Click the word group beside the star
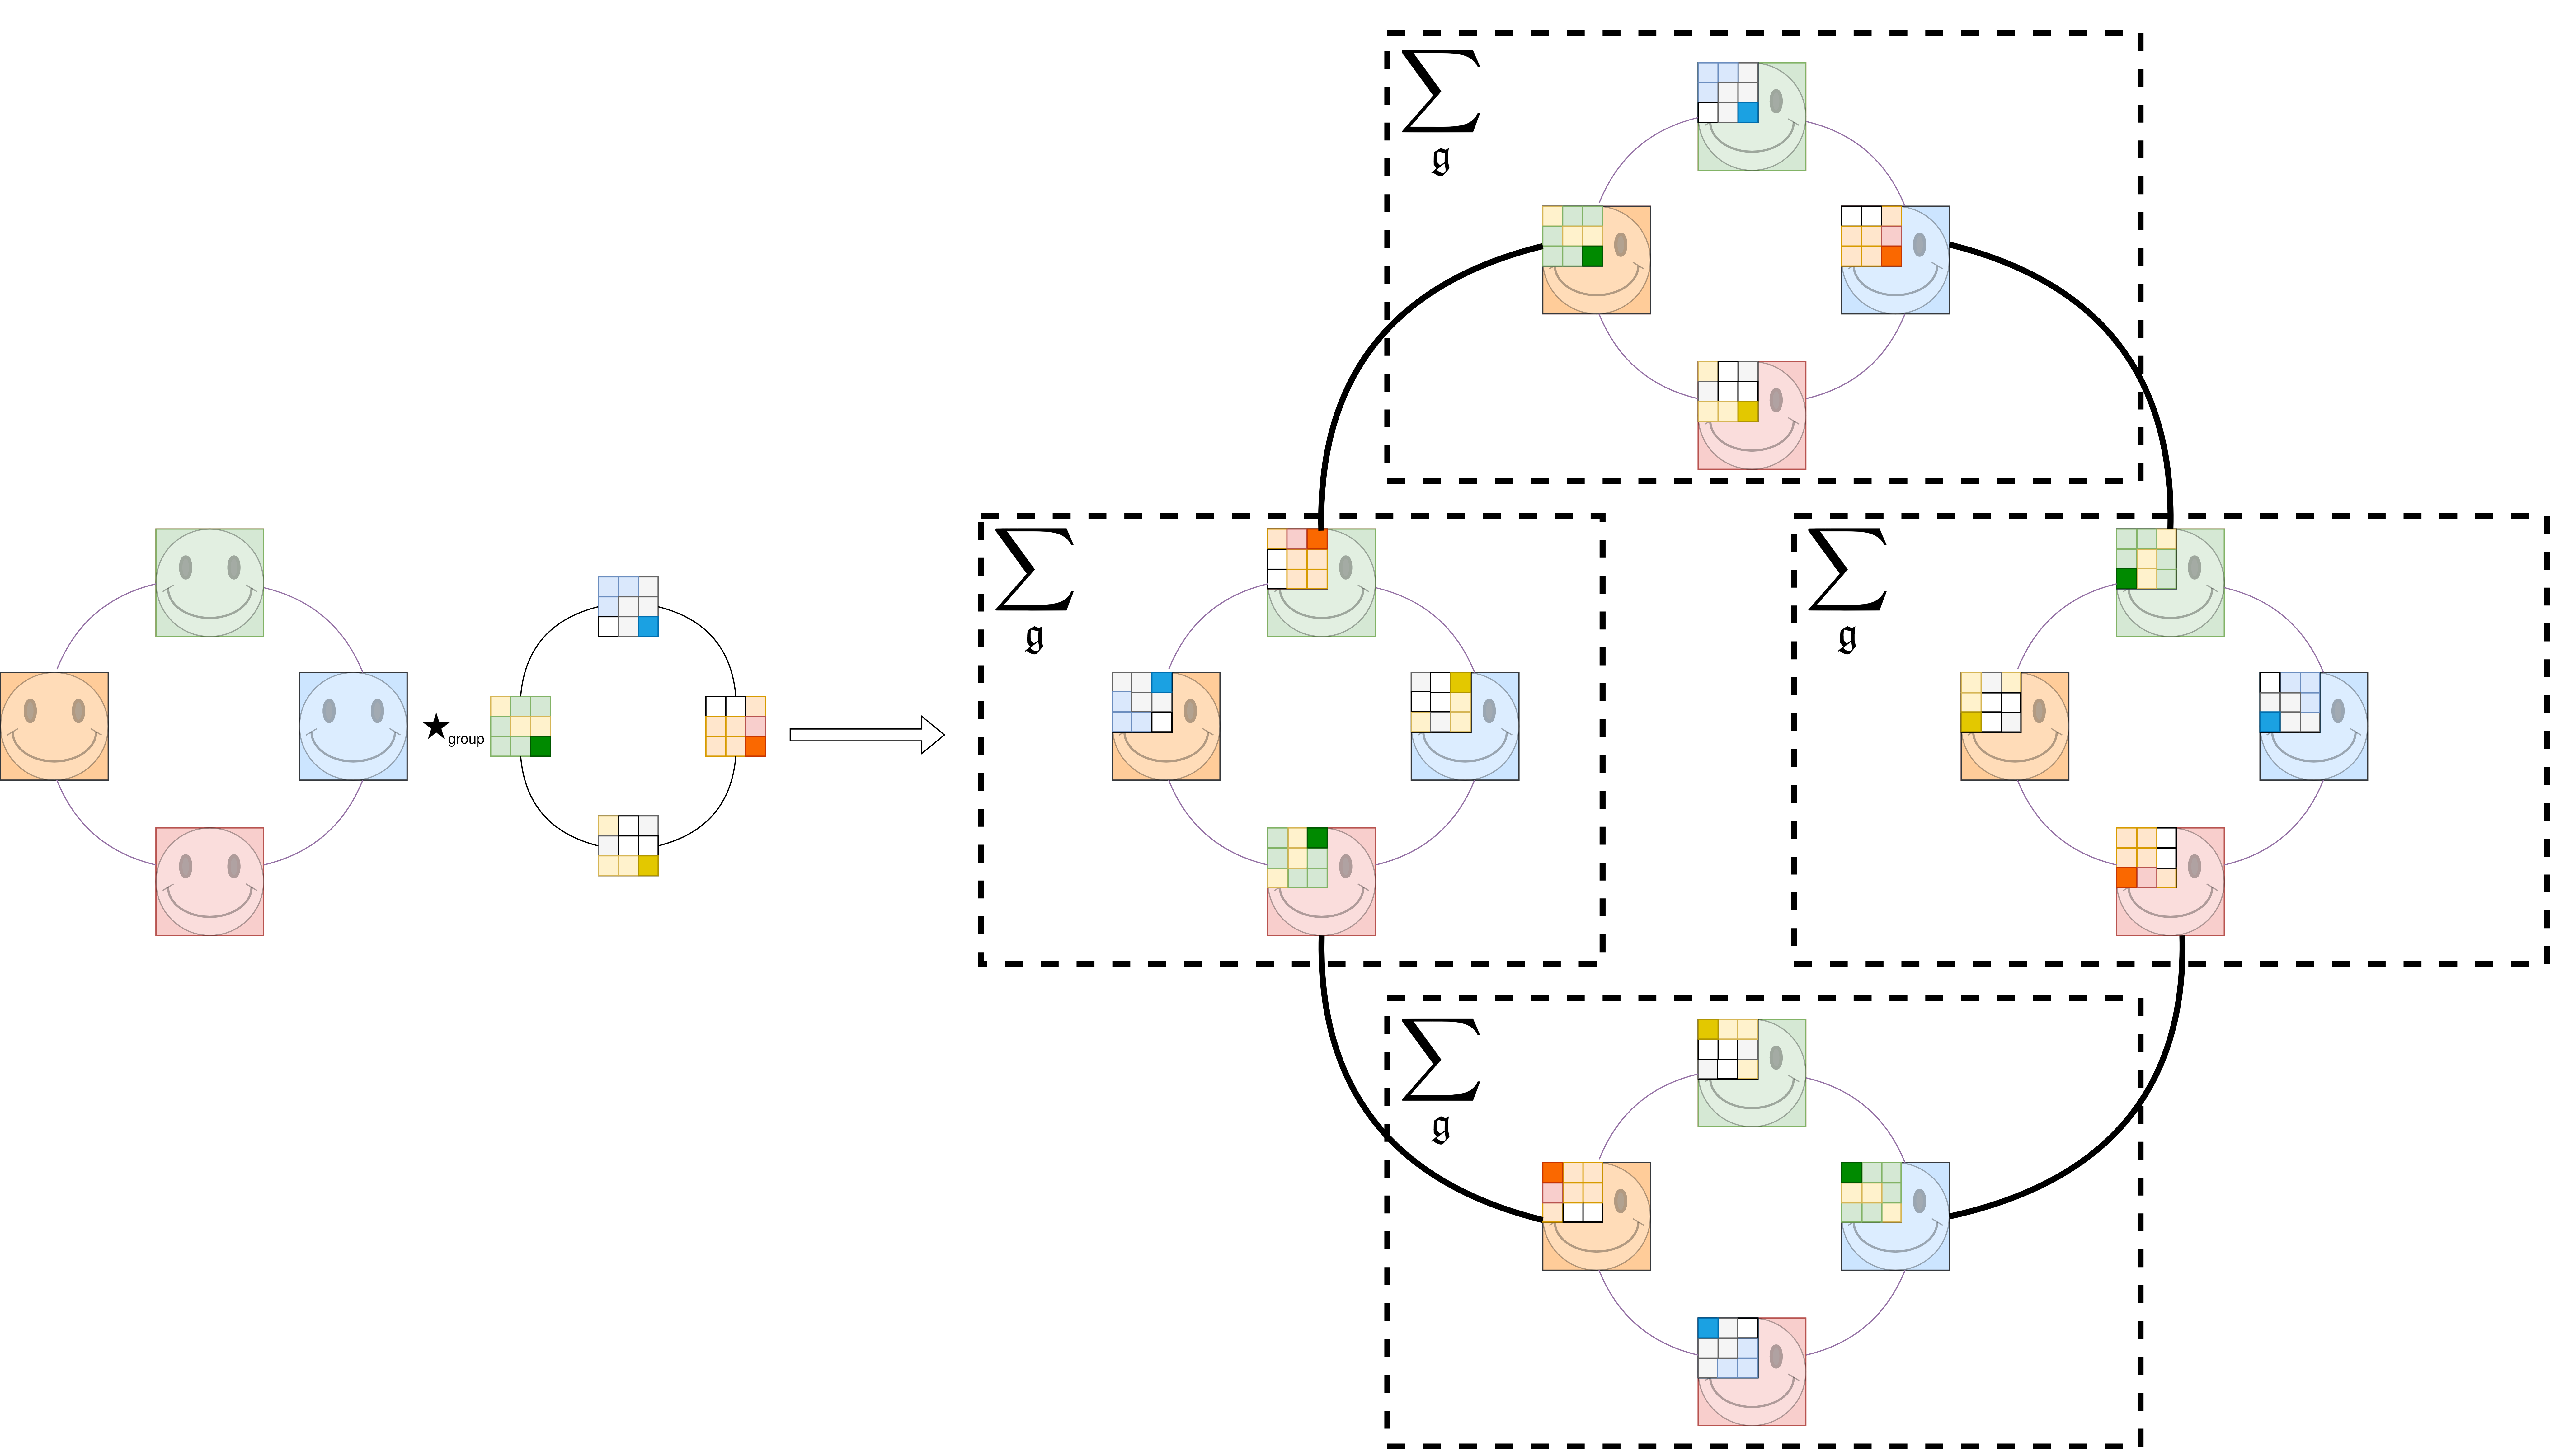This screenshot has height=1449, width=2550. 466,739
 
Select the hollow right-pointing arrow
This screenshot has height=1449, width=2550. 866,734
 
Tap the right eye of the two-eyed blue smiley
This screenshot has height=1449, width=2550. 377,711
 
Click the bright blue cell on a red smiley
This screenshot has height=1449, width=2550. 1707,1328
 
